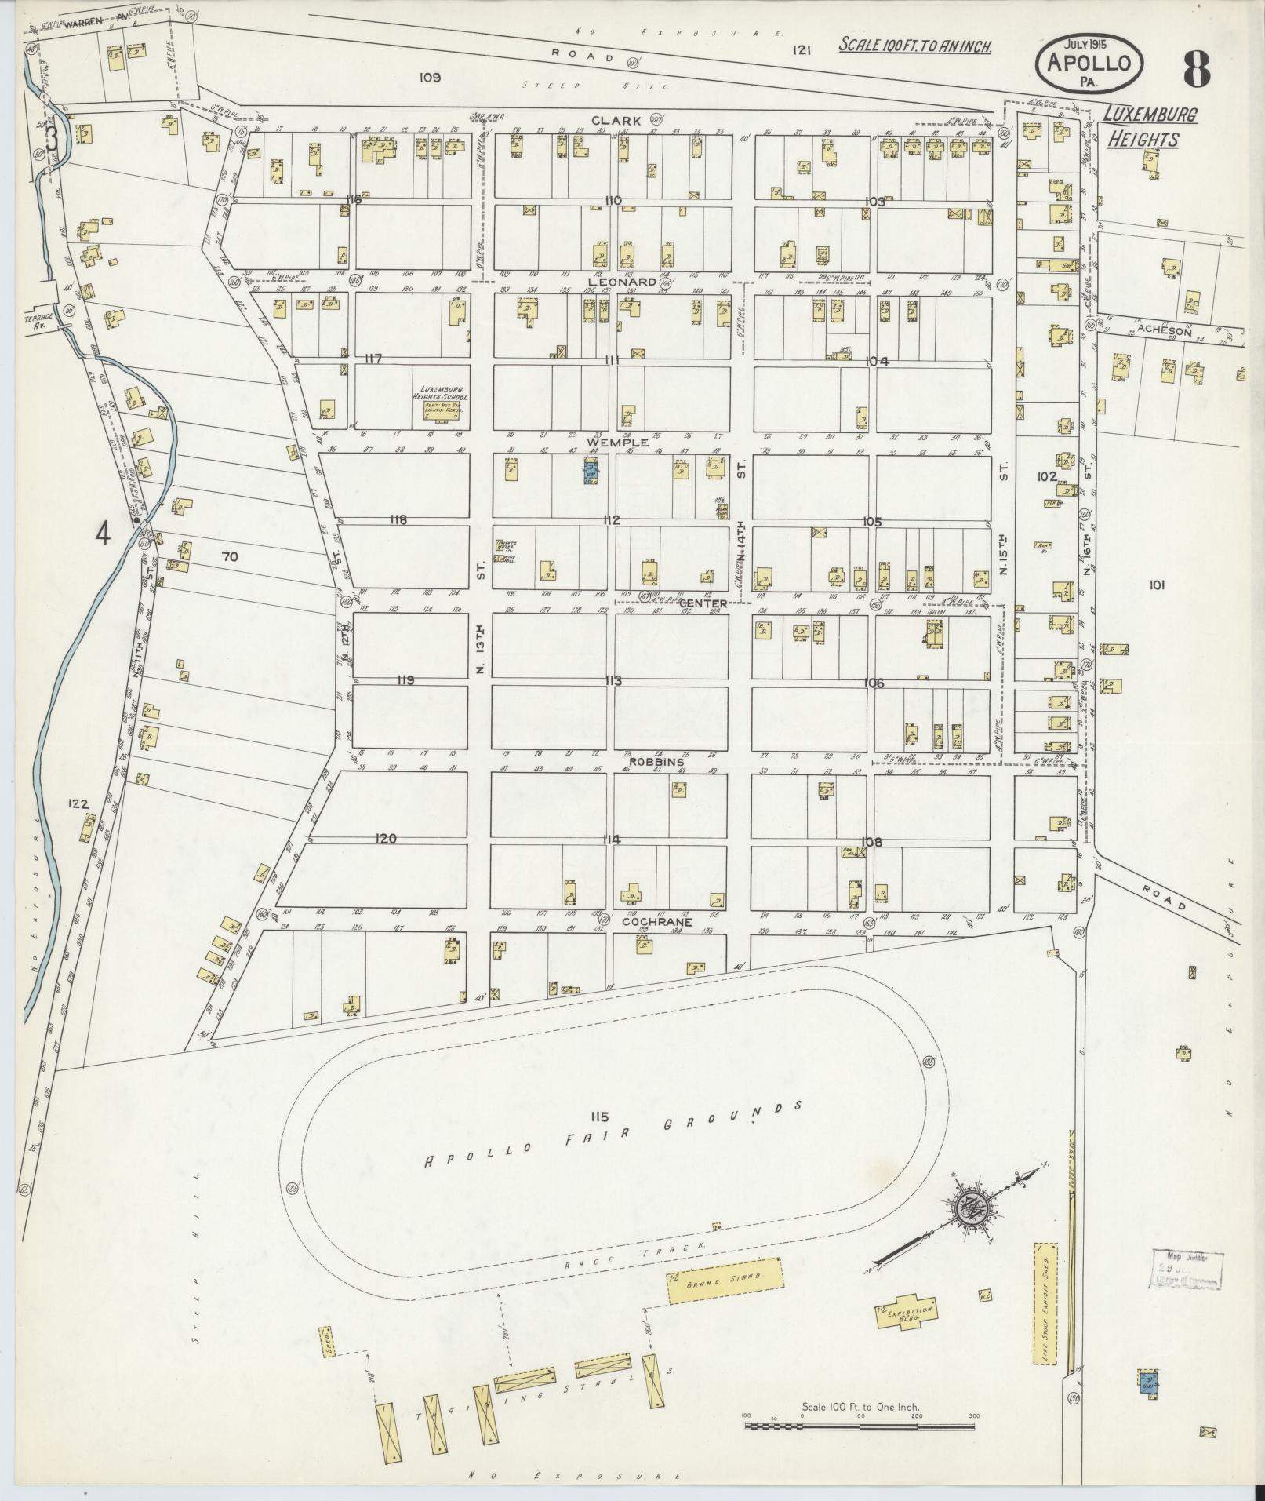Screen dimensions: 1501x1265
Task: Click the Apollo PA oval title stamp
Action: (1091, 63)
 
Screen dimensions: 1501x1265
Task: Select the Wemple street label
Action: (623, 443)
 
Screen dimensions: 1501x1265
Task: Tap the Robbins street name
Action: (656, 762)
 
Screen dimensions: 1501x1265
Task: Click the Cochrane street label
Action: (656, 922)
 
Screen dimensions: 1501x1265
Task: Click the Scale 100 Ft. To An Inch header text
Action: (914, 46)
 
